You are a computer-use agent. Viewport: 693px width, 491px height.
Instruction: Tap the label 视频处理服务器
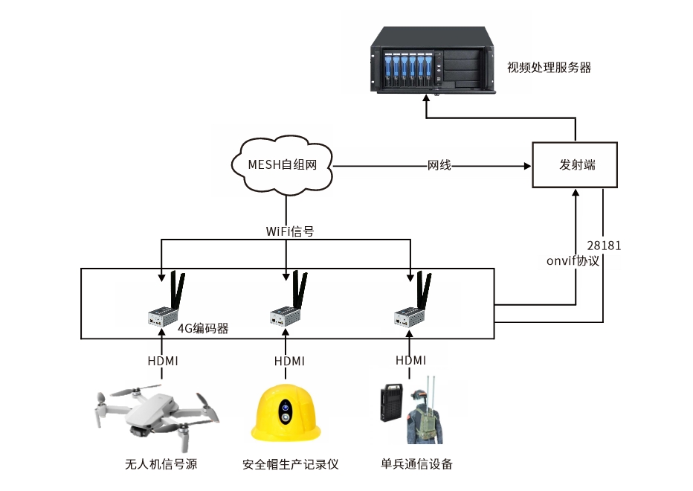549,68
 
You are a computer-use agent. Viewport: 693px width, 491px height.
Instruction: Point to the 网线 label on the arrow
439,165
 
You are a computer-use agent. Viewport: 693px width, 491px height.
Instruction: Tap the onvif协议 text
572,261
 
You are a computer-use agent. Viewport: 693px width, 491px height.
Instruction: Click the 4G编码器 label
202,327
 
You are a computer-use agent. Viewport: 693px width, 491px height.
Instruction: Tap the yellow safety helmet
286,417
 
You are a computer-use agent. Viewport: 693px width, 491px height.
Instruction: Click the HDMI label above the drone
162,361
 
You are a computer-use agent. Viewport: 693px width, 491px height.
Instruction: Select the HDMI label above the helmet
289,361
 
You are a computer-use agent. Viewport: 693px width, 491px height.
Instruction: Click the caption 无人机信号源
161,465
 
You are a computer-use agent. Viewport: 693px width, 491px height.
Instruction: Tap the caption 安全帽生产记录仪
290,465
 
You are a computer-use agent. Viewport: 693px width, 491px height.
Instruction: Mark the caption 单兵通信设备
416,464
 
